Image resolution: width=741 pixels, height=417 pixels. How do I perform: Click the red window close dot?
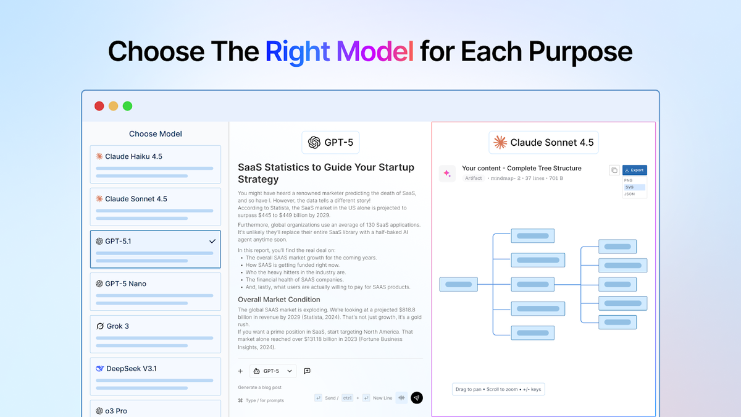tap(99, 106)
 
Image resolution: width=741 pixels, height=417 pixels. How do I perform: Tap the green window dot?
tap(127, 106)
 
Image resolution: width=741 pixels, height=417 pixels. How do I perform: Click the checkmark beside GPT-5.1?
tap(212, 241)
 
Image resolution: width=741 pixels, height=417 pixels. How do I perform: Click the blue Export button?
tap(634, 170)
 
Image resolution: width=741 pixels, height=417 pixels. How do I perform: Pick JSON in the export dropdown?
tap(629, 194)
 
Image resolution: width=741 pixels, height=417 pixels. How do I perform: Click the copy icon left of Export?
tap(614, 170)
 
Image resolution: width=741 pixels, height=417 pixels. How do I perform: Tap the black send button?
tap(417, 398)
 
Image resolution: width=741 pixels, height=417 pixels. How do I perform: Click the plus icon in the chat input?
tap(240, 371)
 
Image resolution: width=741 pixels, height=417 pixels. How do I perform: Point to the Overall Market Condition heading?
tap(279, 300)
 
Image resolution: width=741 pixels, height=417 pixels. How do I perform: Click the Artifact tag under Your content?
tap(474, 179)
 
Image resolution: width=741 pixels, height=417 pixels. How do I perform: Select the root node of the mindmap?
tap(458, 285)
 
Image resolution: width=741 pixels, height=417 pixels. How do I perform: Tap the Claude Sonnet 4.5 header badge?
tap(543, 143)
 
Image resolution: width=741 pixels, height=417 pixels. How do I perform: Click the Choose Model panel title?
tap(155, 134)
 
